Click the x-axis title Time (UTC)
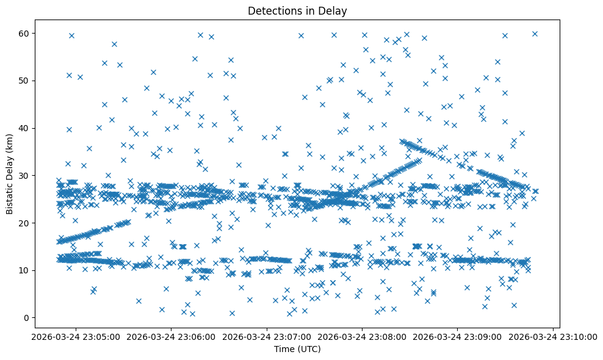pos(297,349)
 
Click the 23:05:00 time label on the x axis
pos(76,336)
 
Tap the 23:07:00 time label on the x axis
pos(267,336)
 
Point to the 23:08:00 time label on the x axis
pos(363,336)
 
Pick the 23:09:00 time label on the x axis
pos(458,336)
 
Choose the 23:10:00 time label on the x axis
pos(553,336)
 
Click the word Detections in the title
pos(270,10)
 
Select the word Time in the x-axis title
pos(284,349)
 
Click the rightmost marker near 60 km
pos(535,34)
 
